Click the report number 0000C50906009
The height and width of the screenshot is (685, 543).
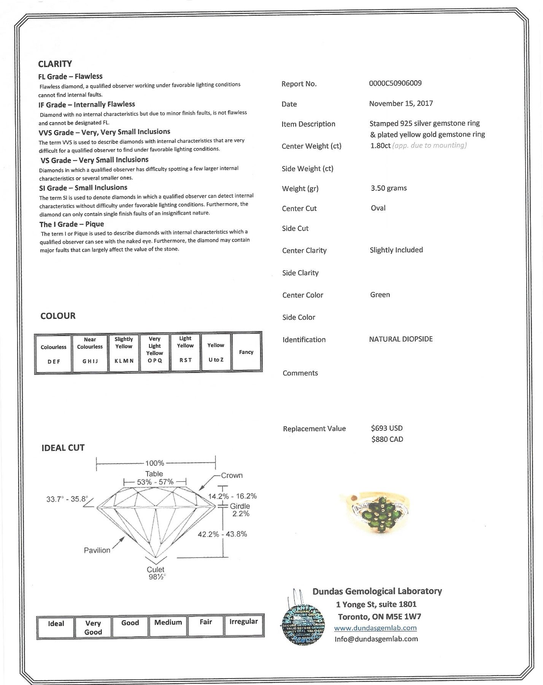click(395, 83)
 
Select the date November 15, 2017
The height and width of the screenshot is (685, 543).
click(401, 104)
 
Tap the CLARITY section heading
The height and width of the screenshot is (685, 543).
click(55, 64)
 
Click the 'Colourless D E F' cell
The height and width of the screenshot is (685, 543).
click(54, 354)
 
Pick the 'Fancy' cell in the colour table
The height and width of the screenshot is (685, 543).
click(246, 352)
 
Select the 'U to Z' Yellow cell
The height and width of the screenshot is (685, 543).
click(216, 352)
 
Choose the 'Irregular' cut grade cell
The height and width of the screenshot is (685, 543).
click(243, 626)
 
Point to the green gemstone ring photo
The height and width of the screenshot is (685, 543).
click(376, 512)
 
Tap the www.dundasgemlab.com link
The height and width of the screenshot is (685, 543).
click(375, 628)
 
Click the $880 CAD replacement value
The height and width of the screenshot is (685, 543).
click(387, 440)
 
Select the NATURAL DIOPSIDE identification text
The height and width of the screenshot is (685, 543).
click(401, 339)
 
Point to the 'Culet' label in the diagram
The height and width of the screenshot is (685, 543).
click(156, 570)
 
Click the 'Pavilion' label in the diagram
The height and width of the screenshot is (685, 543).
click(97, 550)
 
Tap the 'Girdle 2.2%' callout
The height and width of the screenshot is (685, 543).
click(240, 510)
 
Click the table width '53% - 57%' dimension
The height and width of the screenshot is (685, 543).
click(155, 482)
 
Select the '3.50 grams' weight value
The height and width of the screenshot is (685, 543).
click(389, 188)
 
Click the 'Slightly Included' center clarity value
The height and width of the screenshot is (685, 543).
click(396, 250)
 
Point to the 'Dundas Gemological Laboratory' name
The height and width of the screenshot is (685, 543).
click(377, 591)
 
